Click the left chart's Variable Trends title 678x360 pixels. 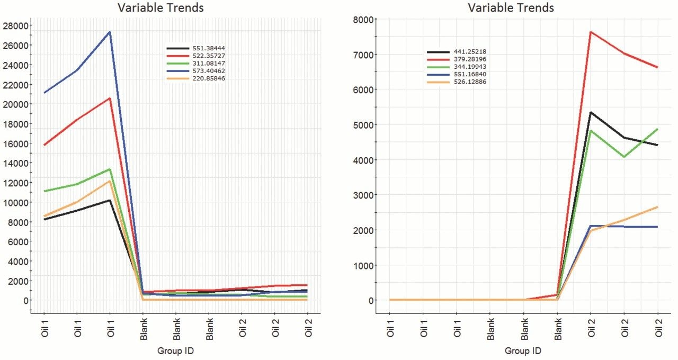pos(160,7)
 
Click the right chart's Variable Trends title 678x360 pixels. pos(511,7)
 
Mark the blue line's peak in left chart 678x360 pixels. pos(110,32)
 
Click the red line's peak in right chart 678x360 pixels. pos(591,32)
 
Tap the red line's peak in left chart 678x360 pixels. pos(110,98)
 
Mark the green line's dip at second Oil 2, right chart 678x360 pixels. pos(624,157)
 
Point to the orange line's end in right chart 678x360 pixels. pos(657,207)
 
